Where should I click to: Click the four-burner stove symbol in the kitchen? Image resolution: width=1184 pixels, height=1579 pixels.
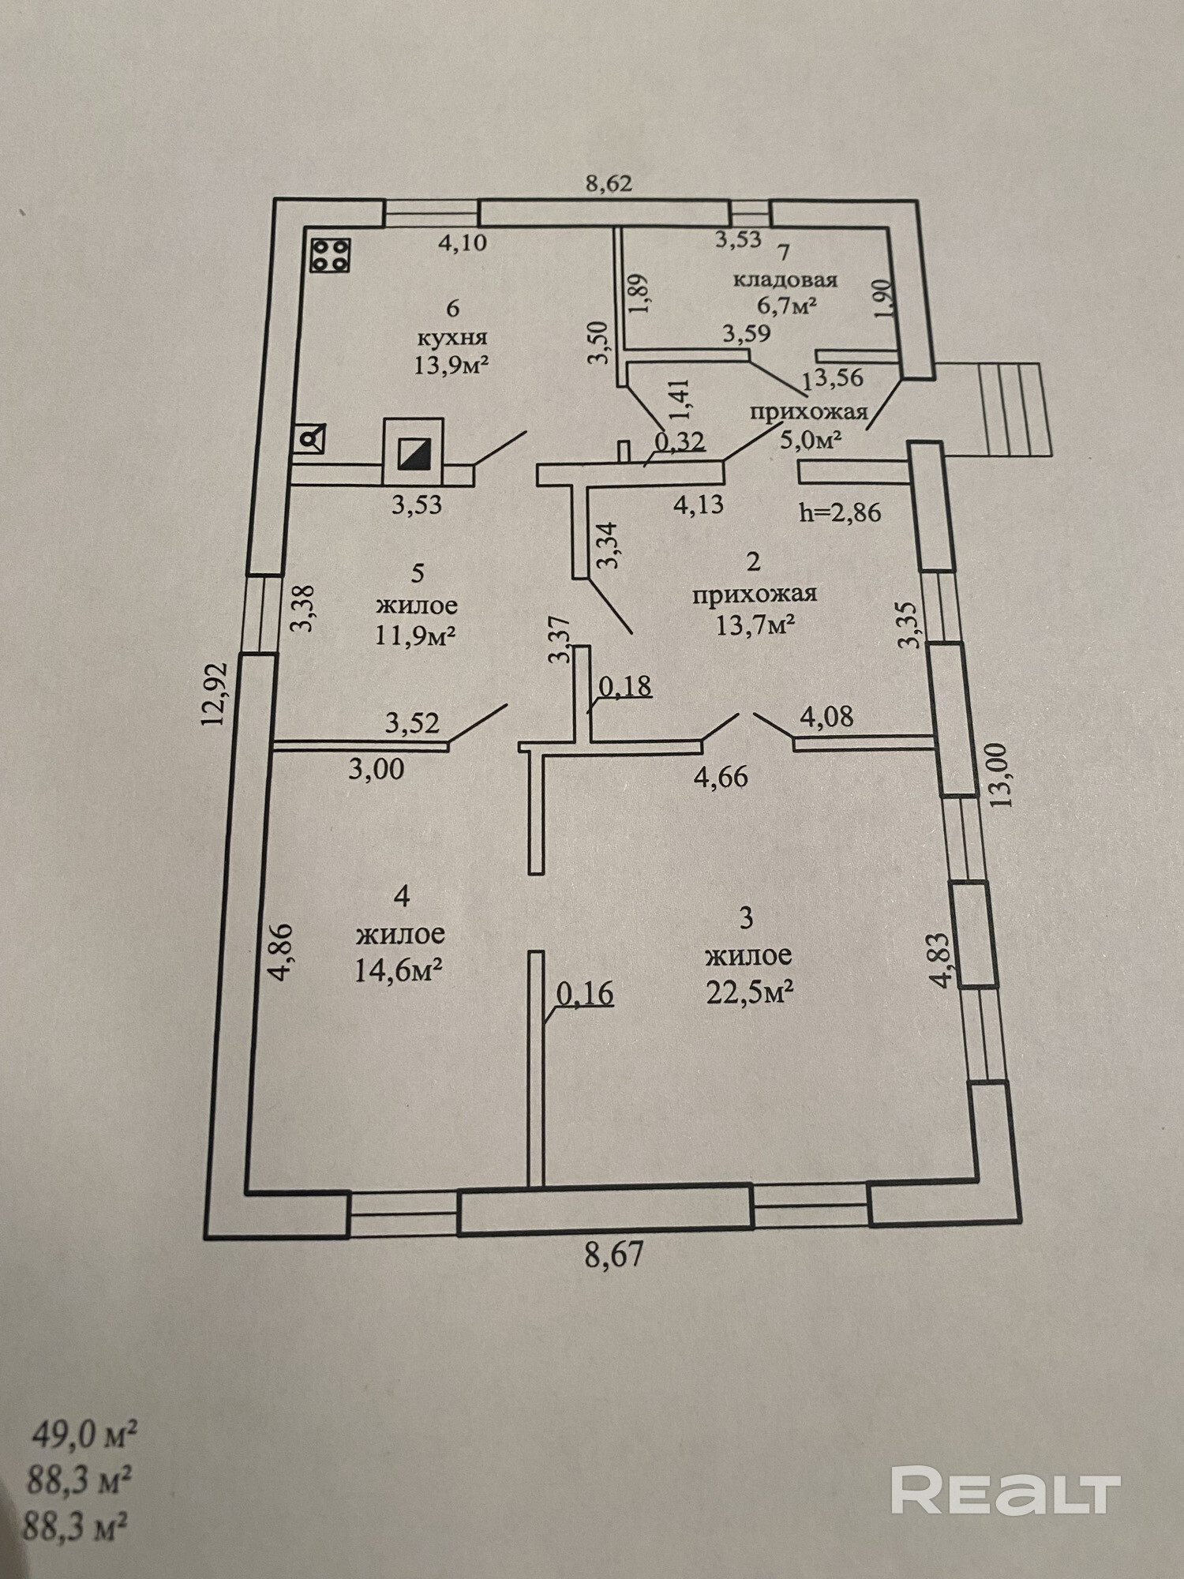click(x=330, y=255)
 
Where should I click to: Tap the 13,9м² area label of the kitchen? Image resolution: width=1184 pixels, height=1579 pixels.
click(x=451, y=365)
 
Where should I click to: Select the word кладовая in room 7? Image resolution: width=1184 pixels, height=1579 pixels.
click(x=785, y=279)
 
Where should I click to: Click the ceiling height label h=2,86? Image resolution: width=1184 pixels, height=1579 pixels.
click(x=840, y=513)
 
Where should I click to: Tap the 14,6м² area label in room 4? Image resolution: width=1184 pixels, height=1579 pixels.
click(x=396, y=970)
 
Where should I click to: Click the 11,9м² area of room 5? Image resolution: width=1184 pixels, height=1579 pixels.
click(x=416, y=636)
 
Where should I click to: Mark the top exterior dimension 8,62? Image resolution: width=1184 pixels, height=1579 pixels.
click(x=609, y=184)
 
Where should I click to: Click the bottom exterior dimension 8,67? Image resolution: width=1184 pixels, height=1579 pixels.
click(x=614, y=1254)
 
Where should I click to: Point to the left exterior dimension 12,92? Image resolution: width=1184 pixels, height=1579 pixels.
click(x=215, y=694)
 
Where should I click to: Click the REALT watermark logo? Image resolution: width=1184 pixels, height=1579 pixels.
click(x=1006, y=1490)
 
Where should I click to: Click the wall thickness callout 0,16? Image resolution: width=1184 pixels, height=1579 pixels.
click(x=585, y=993)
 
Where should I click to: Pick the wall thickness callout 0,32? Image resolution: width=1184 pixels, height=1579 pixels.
click(x=680, y=441)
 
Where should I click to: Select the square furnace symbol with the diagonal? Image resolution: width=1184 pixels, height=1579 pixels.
click(x=412, y=452)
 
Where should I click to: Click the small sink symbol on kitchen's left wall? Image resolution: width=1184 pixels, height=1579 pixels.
click(x=309, y=439)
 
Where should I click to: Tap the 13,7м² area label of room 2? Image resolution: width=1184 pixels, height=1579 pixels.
click(x=755, y=625)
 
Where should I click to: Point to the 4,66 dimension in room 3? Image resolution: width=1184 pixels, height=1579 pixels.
click(x=720, y=777)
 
